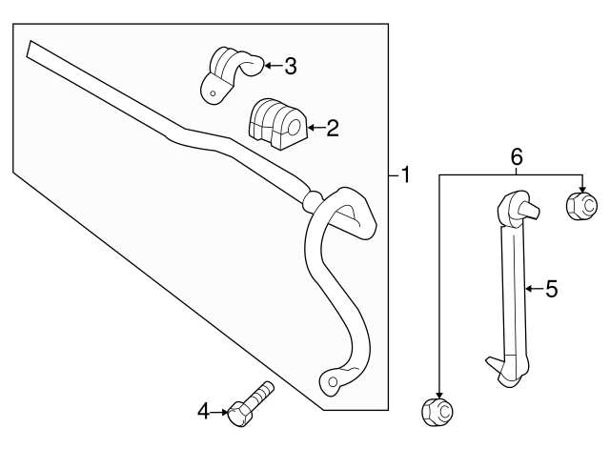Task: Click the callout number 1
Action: pyautogui.click(x=405, y=175)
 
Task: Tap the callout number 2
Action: pyautogui.click(x=332, y=128)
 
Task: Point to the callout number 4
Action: pyautogui.click(x=203, y=412)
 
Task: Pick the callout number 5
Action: pyautogui.click(x=551, y=289)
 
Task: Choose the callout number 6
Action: pyautogui.click(x=517, y=155)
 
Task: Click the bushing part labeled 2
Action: pyautogui.click(x=274, y=123)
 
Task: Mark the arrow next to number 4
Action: pyautogui.click(x=217, y=412)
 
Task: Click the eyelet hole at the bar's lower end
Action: pyautogui.click(x=332, y=384)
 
